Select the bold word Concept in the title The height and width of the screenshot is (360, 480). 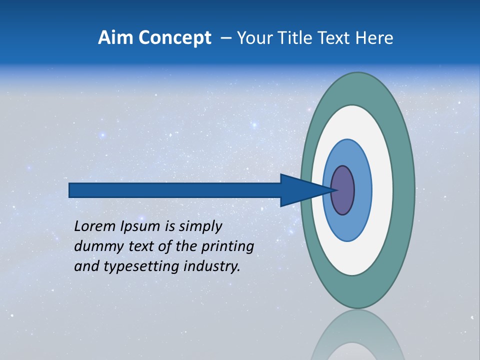(175, 38)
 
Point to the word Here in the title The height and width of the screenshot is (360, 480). (375, 38)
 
